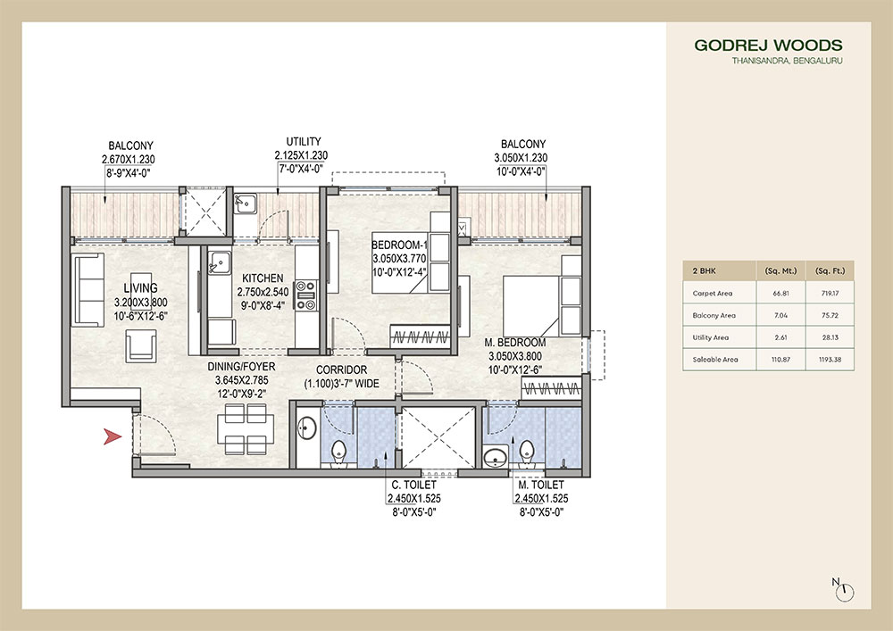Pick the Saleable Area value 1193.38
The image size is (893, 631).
830,359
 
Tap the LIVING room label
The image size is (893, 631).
141,287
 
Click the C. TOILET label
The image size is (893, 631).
413,486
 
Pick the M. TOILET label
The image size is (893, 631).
540,486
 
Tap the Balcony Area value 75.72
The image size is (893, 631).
830,314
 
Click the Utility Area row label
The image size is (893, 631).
710,336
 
